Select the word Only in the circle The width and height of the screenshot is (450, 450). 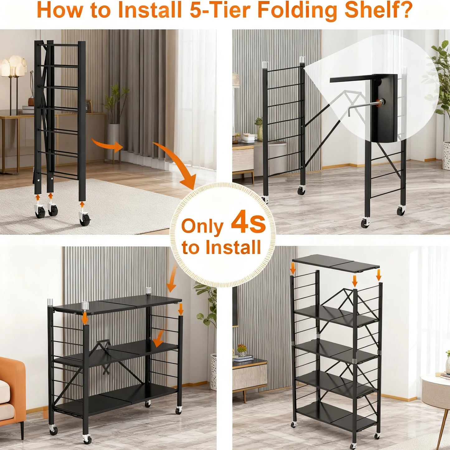click(x=202, y=226)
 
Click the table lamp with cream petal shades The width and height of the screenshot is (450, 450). click(x=13, y=67)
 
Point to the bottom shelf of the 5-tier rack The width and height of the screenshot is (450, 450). click(x=335, y=414)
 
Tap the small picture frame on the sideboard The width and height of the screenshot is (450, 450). click(x=89, y=106)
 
